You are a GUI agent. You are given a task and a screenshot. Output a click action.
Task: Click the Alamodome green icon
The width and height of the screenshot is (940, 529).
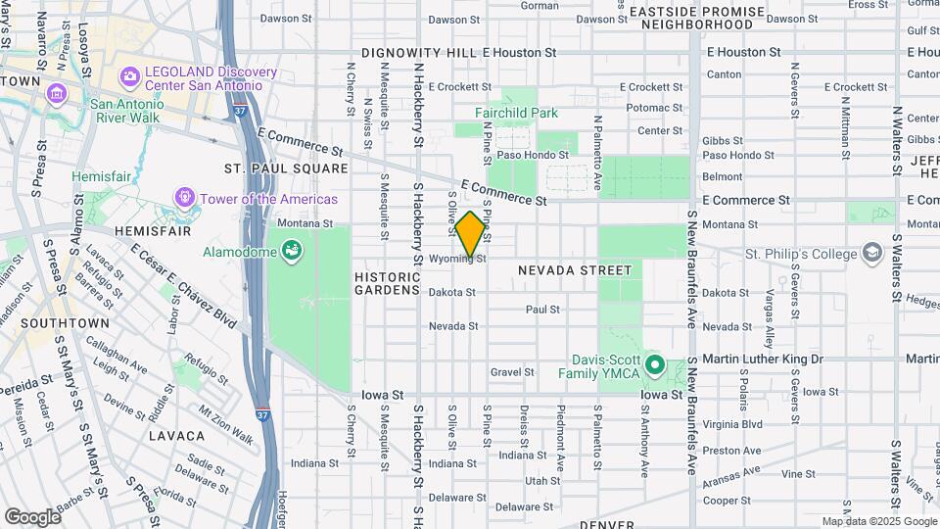click(x=291, y=253)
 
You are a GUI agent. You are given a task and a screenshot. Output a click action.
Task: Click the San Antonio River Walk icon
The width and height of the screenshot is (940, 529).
click(x=56, y=96)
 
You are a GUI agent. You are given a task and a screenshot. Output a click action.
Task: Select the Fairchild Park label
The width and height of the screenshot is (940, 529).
click(x=516, y=113)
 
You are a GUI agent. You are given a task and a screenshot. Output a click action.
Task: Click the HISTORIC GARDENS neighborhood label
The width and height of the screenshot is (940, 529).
click(x=387, y=284)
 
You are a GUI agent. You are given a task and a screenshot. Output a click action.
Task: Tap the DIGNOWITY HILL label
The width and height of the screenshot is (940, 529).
click(x=419, y=52)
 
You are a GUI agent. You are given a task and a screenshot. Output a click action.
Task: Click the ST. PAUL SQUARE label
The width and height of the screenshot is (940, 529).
click(x=285, y=168)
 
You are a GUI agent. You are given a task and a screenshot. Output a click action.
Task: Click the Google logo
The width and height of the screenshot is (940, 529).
click(x=32, y=516)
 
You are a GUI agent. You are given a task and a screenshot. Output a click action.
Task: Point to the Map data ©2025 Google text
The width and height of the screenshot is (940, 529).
click(x=878, y=521)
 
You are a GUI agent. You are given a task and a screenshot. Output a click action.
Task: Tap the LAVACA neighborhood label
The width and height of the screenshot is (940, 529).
click(x=177, y=434)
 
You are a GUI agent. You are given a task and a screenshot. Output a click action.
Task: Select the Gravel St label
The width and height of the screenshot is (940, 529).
click(x=512, y=372)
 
